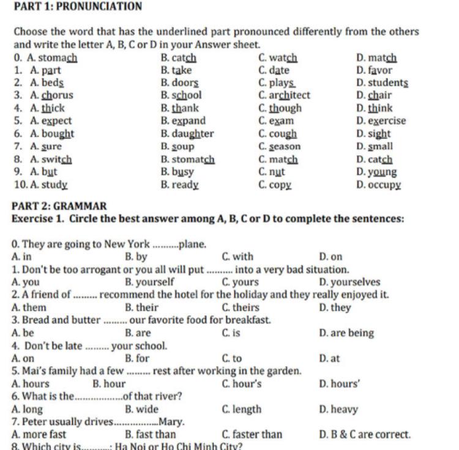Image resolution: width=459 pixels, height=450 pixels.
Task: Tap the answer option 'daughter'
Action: point(193,134)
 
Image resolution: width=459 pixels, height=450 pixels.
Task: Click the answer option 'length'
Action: point(247,410)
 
